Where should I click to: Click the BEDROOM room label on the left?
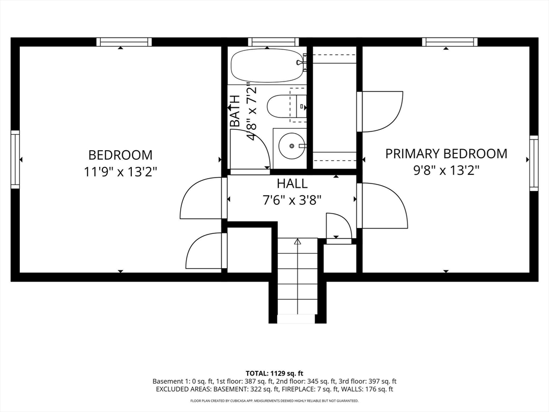(x=120, y=155)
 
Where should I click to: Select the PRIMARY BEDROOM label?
(x=446, y=154)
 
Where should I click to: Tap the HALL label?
(x=292, y=183)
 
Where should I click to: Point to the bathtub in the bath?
(x=268, y=65)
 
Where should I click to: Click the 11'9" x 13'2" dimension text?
(x=120, y=172)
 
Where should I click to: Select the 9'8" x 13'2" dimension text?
(x=446, y=171)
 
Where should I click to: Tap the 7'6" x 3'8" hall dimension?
(x=292, y=200)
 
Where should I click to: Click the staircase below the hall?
(x=298, y=282)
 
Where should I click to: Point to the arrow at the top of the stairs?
(x=298, y=242)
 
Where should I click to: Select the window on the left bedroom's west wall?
(x=15, y=159)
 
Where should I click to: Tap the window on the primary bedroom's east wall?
(x=533, y=163)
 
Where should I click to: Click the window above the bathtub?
(x=273, y=42)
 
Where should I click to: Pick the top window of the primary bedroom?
(x=449, y=42)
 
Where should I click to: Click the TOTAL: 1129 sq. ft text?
(x=274, y=373)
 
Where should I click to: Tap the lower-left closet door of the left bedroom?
(x=205, y=251)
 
